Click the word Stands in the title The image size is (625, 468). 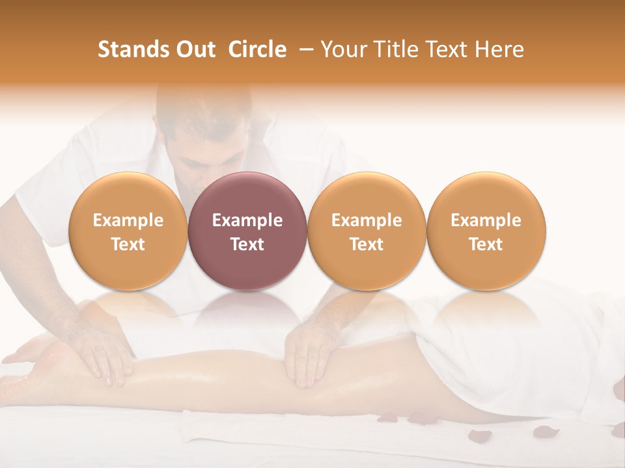(133, 49)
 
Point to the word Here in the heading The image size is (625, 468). (499, 49)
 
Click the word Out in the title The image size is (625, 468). (194, 49)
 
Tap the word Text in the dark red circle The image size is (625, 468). (247, 244)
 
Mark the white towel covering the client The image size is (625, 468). (521, 344)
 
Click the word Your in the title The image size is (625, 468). (341, 49)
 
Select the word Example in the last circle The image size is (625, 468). (486, 220)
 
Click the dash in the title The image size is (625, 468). (303, 49)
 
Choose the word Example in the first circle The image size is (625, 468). (128, 220)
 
